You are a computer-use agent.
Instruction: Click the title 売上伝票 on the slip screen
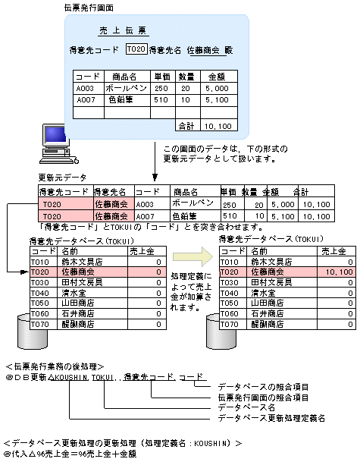(x=124, y=32)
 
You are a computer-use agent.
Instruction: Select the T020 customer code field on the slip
(x=136, y=49)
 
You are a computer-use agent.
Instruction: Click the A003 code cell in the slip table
(x=85, y=88)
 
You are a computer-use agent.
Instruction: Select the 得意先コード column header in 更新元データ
(x=64, y=192)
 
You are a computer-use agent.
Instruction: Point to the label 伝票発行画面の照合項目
(x=263, y=397)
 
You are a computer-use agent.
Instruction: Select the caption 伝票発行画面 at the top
(x=89, y=7)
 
